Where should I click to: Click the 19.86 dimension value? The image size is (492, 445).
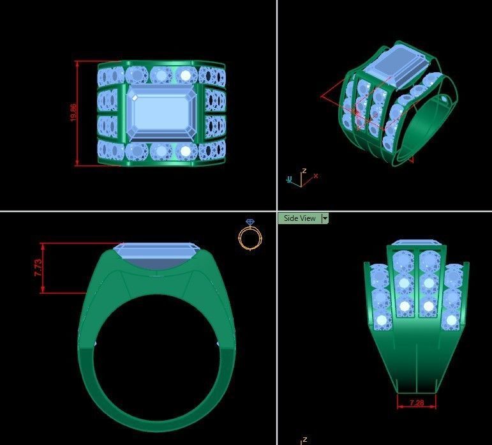[73, 113]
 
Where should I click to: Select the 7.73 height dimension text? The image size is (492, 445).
[38, 268]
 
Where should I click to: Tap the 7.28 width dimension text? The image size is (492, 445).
[416, 403]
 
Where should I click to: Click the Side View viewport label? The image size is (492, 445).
[299, 218]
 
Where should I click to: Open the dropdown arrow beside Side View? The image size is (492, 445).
[325, 218]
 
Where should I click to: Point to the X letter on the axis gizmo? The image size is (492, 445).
[315, 176]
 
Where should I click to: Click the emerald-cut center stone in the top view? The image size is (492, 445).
[161, 113]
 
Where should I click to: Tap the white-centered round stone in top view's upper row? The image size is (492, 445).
[186, 75]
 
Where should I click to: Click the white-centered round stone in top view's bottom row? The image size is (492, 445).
[186, 151]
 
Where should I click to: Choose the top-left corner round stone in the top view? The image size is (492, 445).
[108, 75]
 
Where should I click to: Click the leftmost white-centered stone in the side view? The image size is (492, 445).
[382, 320]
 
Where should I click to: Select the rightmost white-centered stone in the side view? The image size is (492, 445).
[452, 319]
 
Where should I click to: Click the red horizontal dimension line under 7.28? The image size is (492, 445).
[416, 407]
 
